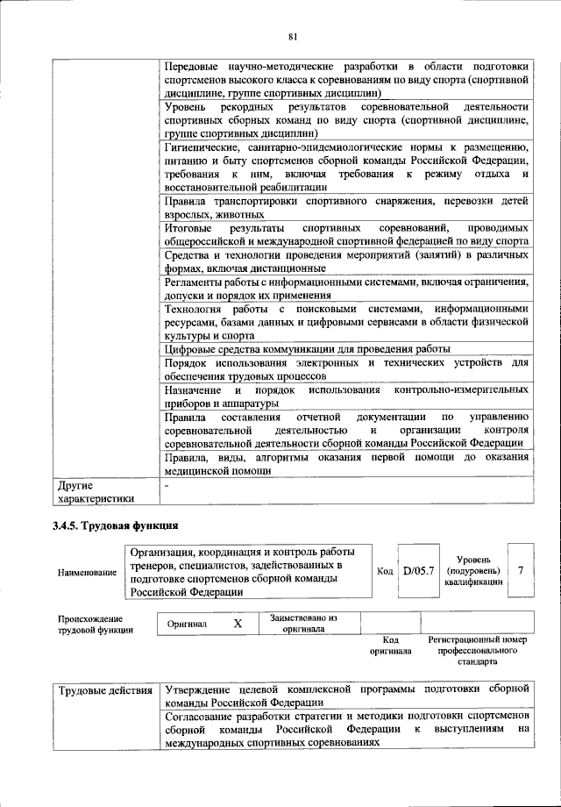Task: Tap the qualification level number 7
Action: [521, 570]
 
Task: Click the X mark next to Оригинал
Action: [237, 623]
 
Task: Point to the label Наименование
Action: [87, 572]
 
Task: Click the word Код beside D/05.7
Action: [385, 571]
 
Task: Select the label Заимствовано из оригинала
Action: [304, 623]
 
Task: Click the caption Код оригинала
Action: [391, 646]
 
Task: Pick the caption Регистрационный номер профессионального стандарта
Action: [478, 651]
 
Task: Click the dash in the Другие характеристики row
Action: [167, 485]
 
